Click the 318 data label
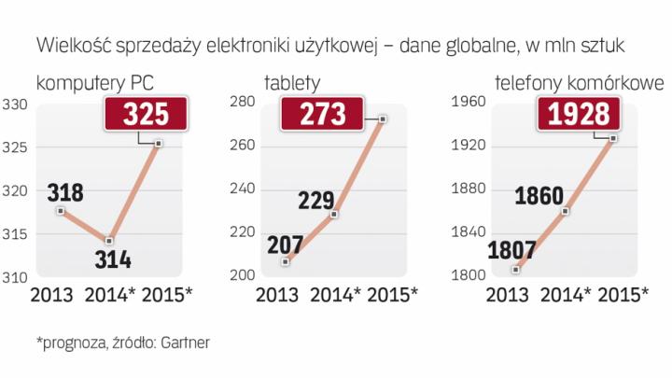click(x=64, y=193)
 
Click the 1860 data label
click(x=539, y=197)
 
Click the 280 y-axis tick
click(x=242, y=103)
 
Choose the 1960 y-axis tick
click(x=469, y=103)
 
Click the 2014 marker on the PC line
click(x=109, y=240)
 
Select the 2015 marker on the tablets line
click(x=383, y=119)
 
